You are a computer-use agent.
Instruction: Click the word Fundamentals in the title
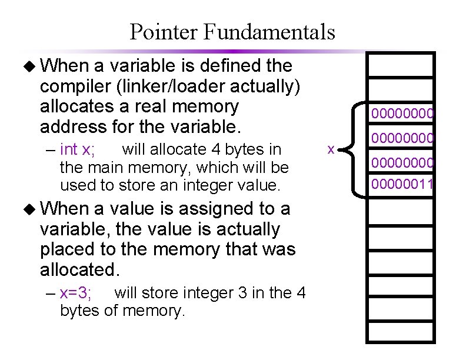[269, 32]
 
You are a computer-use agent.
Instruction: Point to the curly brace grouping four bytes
[352, 149]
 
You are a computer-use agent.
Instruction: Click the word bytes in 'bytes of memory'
[81, 310]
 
